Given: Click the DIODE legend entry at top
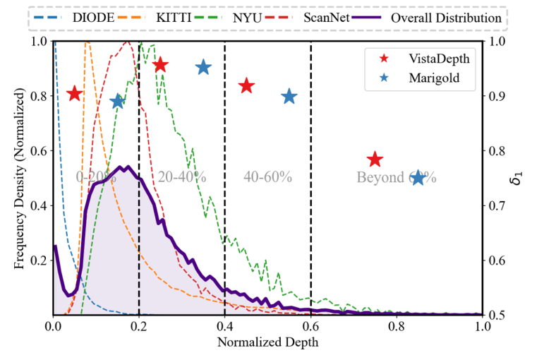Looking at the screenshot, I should point(93,18).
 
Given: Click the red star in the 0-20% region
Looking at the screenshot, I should point(74,94).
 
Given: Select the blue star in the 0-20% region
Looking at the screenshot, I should point(117,102).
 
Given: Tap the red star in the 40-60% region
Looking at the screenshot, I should point(246,86).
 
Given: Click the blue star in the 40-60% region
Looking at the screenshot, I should point(289,97).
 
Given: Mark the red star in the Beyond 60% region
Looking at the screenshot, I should point(375,160).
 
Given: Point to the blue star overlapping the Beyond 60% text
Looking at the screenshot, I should point(418,177).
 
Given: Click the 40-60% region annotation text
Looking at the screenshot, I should point(268,177).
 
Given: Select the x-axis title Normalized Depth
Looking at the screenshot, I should point(267,344).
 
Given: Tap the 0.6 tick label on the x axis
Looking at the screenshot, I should point(310,327).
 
